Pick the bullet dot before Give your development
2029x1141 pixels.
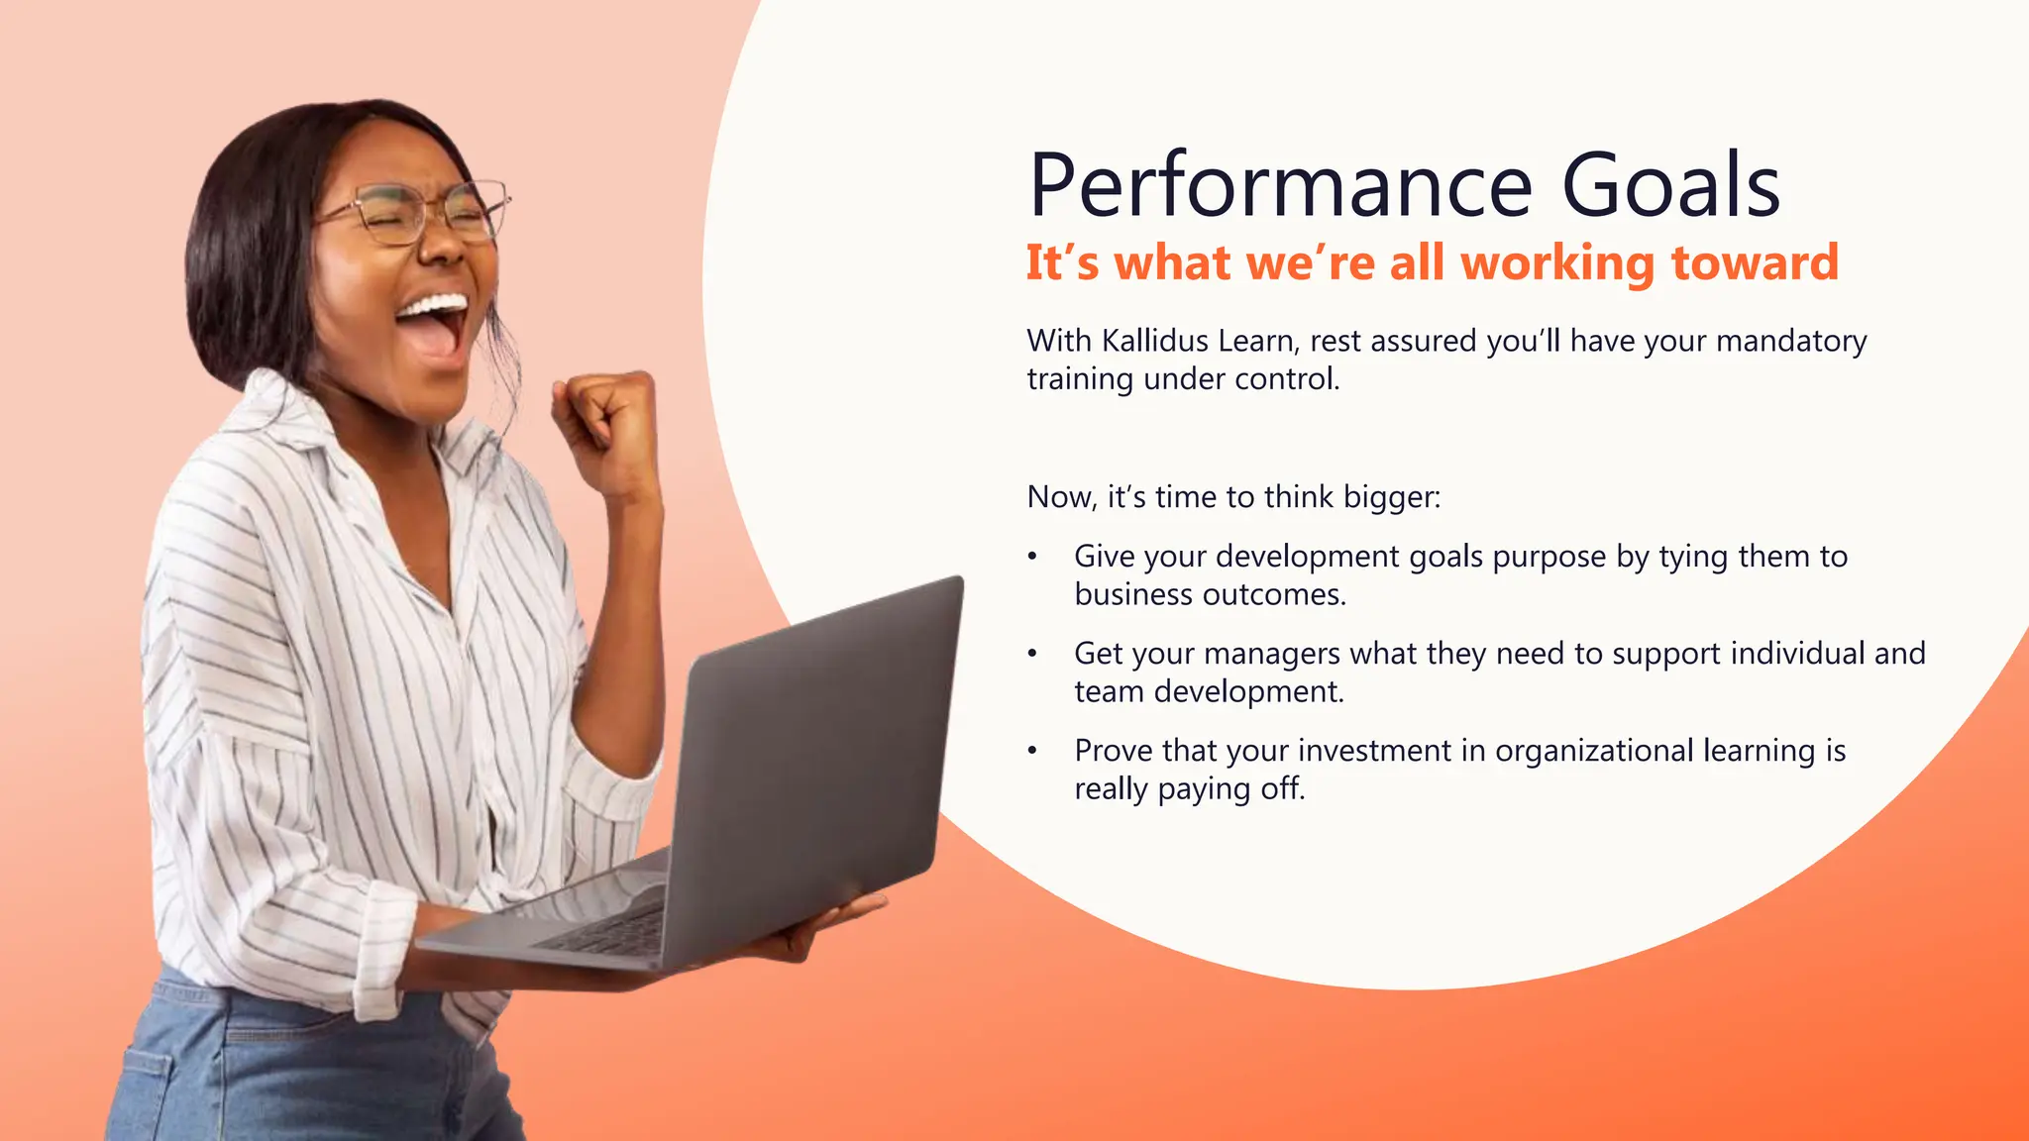click(1032, 558)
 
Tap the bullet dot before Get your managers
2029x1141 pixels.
click(1032, 655)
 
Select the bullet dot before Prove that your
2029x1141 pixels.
click(1032, 752)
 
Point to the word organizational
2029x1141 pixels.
click(1595, 752)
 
